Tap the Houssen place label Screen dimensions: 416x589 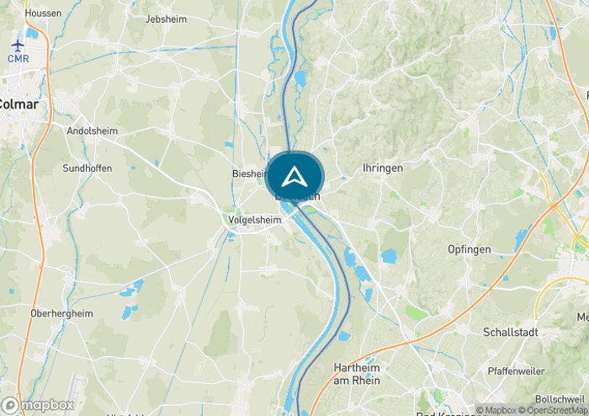tap(43, 13)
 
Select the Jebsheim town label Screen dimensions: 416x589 tap(165, 19)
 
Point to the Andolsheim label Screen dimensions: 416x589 tap(92, 131)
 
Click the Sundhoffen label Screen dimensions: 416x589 tap(88, 168)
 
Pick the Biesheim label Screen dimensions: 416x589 tap(249, 173)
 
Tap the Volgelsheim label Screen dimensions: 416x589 tap(253, 220)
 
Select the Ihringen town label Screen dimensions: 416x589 tap(382, 168)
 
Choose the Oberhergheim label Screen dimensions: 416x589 tap(61, 313)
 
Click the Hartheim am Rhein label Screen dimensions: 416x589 tap(358, 375)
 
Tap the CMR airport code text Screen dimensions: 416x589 tap(19, 58)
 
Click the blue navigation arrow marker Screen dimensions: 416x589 tap(294, 177)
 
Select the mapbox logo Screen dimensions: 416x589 tap(38, 405)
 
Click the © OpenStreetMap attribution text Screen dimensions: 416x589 tap(556, 410)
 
